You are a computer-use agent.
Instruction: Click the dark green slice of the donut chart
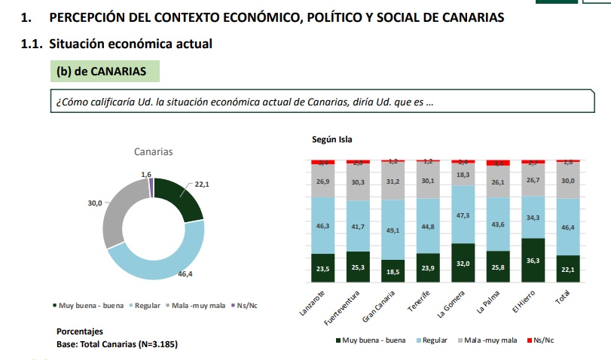point(181,199)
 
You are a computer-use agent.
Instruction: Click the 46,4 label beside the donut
point(185,275)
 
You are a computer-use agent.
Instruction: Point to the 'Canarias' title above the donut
point(154,152)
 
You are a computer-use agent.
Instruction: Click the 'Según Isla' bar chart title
point(331,139)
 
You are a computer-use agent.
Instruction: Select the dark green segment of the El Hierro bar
point(533,261)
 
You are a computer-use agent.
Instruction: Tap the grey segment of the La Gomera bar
point(463,175)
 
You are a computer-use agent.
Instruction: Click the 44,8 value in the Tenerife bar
point(427,226)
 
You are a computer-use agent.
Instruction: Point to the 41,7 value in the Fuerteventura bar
point(358,226)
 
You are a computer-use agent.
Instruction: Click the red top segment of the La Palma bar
point(498,163)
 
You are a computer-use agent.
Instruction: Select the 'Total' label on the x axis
point(562,297)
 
